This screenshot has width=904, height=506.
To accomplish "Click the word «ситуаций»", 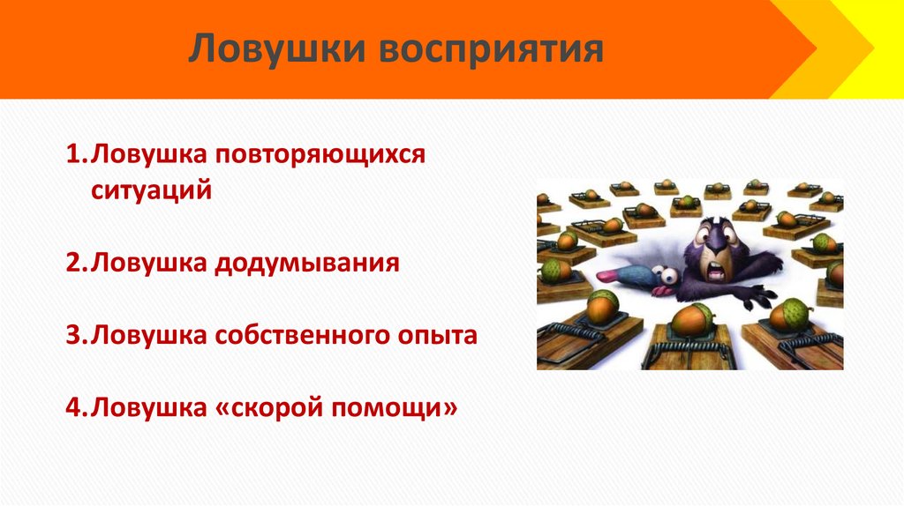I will pos(151,190).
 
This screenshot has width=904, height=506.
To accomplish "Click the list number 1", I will pos(73,155).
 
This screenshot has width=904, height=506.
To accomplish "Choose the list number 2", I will pos(73,263).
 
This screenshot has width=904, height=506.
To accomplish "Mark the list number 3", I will pos(73,335).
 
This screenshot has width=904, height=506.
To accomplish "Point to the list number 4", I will pos(73,408).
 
